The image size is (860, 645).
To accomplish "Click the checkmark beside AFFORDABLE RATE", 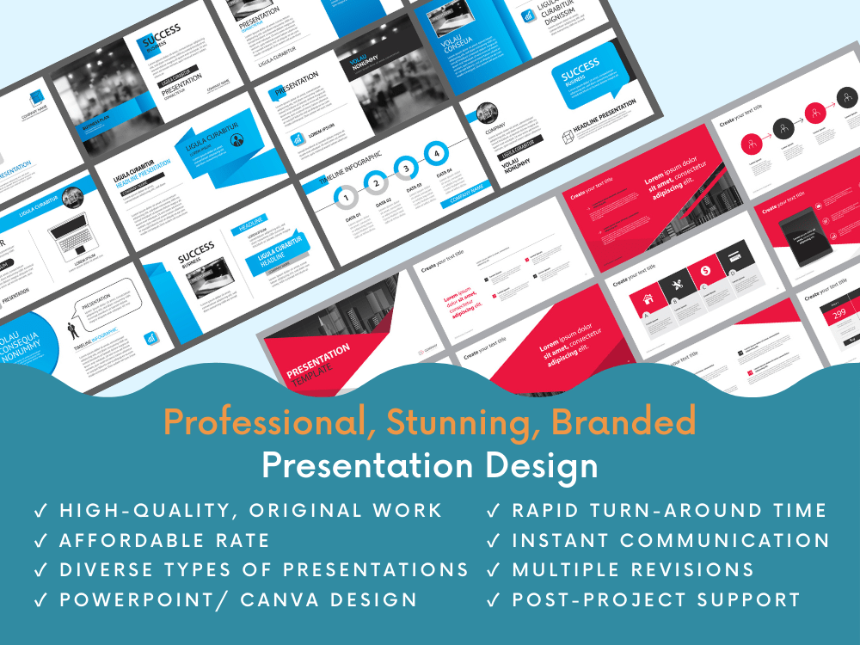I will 40,541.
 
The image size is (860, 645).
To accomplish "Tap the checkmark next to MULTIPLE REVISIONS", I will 493,570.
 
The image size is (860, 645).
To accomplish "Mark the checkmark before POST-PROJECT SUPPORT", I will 493,600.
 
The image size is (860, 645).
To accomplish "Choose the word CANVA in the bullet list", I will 279,599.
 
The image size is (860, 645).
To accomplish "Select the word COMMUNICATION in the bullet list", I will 725,541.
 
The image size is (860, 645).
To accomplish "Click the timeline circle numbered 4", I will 437,154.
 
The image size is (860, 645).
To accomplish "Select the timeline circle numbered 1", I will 345,198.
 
